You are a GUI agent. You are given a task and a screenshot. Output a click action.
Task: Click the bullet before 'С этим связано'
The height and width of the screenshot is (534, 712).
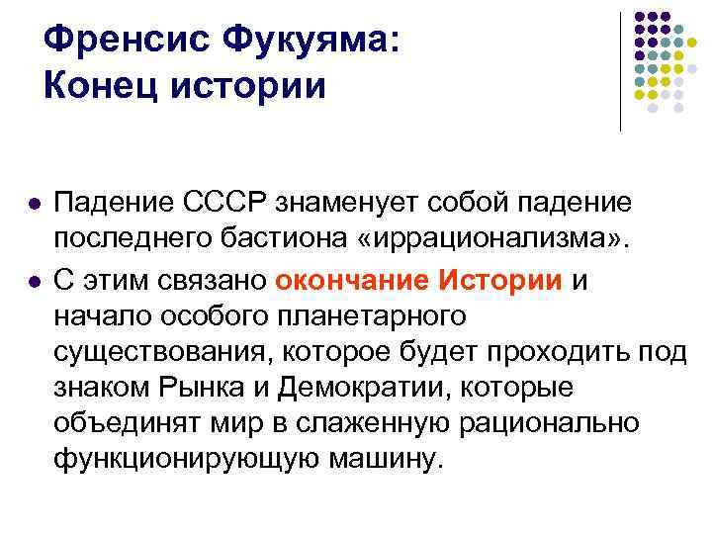point(34,281)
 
